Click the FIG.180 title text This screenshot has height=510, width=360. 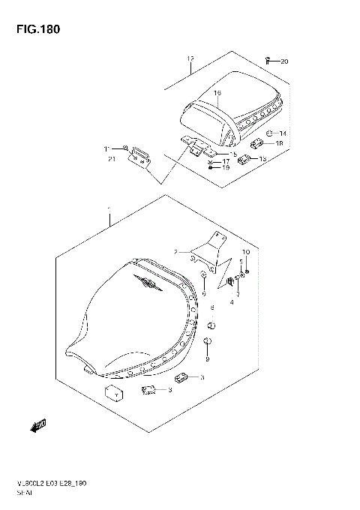click(34, 29)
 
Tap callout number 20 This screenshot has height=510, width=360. click(283, 61)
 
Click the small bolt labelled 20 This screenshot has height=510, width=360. click(268, 59)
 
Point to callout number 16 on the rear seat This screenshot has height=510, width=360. click(217, 94)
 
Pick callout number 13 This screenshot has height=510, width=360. click(262, 159)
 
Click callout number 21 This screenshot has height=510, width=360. click(111, 159)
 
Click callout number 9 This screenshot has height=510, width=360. click(208, 358)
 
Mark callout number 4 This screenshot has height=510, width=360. click(232, 303)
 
